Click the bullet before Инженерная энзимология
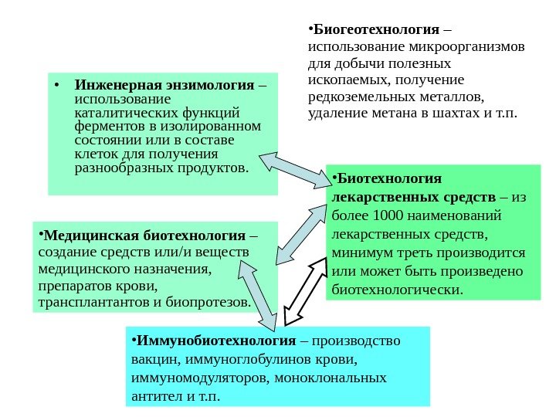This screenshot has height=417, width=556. click(57, 84)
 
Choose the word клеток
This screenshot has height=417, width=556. click(94, 154)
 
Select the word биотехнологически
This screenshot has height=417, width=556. click(397, 290)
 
